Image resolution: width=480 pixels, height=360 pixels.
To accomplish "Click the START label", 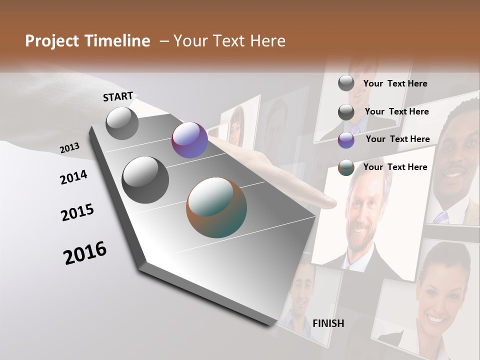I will pos(118,96).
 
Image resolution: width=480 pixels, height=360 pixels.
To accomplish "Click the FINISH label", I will pos(328,323).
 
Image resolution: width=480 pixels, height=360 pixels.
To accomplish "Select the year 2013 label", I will pos(69,148).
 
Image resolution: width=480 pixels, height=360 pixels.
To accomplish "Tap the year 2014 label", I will pos(73,177).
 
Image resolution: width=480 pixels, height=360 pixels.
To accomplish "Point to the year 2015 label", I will pos(77,212).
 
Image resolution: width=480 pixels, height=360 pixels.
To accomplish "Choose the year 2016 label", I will pos(85,253).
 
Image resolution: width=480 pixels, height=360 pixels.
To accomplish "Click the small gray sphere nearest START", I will pos(122,123).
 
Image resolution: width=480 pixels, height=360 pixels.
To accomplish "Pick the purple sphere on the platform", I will pos(189,140).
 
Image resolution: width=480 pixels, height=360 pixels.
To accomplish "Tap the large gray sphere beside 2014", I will pos(145,179).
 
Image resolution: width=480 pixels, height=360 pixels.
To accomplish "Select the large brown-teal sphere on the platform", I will pos(216,207).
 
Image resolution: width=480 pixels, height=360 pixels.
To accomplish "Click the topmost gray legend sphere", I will pos(346,83).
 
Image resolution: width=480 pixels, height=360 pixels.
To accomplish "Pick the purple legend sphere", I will pos(346,140).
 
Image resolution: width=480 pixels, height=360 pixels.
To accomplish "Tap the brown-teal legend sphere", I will pos(346,167).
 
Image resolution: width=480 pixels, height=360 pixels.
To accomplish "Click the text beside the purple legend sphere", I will pos(397,139).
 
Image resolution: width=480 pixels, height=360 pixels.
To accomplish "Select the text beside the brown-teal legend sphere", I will pos(395,167).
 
